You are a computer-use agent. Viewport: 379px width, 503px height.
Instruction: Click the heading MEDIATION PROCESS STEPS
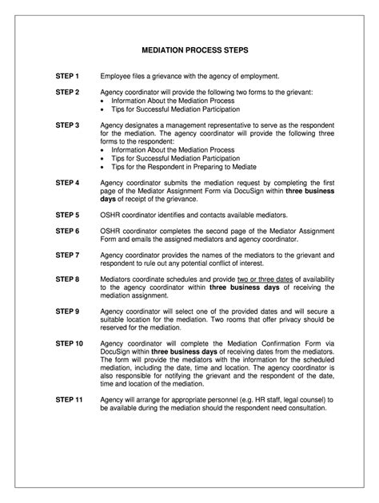point(189,49)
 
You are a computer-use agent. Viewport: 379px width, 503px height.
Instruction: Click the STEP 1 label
point(67,76)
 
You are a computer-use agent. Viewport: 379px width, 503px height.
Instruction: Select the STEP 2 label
point(67,93)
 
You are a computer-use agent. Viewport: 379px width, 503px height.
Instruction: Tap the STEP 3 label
point(67,125)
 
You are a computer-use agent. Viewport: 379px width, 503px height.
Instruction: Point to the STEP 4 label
point(67,182)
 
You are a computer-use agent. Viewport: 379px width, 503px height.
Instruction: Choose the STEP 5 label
point(67,215)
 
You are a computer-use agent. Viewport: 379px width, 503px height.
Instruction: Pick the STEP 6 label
point(67,231)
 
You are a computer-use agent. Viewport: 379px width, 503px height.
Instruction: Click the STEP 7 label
point(67,255)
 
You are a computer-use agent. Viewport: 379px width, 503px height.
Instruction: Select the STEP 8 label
point(67,279)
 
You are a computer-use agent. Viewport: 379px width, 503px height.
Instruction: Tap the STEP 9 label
point(67,311)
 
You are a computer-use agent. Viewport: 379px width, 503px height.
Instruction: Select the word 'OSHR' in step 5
point(110,215)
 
